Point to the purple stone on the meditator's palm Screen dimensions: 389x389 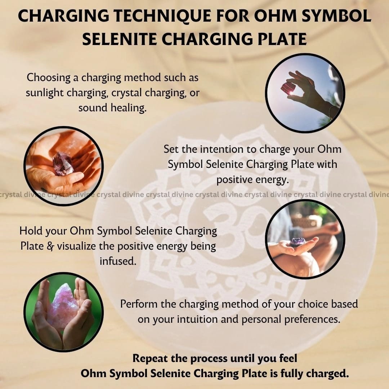[298, 242]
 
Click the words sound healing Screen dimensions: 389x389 [112, 108]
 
